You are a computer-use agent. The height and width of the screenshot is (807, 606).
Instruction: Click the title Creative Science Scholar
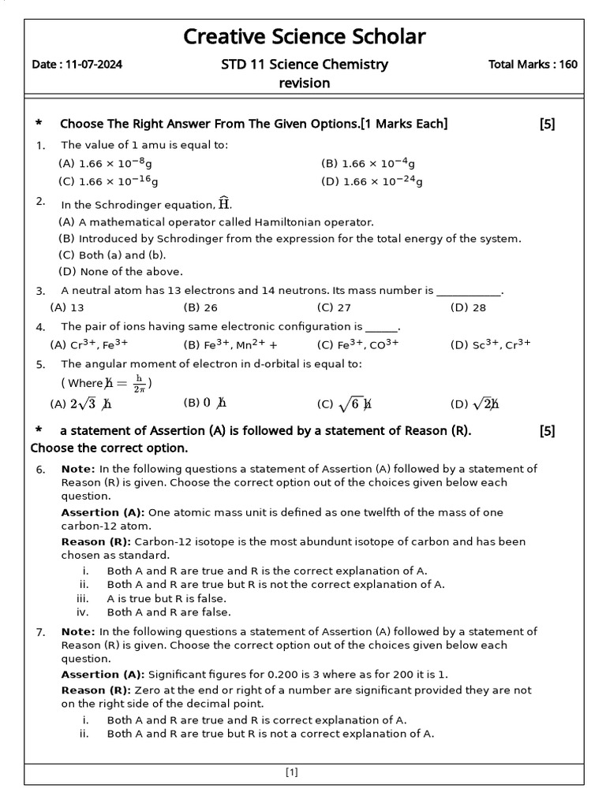304,36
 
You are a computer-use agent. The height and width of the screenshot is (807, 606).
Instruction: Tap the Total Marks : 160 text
533,65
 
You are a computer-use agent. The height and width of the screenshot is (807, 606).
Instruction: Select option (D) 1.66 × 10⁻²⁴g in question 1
372,181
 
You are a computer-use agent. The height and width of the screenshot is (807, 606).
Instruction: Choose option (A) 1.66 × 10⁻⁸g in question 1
106,163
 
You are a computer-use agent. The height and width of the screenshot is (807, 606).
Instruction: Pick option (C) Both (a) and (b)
112,255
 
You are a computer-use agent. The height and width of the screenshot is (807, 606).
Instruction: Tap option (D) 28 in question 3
468,307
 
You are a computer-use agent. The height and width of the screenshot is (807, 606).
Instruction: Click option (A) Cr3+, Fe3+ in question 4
88,344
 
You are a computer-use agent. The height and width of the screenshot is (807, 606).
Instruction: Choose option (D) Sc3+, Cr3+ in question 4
490,344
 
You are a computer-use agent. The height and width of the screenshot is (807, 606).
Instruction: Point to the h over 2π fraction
139,383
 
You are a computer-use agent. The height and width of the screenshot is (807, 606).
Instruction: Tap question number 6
40,470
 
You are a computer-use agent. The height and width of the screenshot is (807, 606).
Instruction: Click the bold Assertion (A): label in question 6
103,512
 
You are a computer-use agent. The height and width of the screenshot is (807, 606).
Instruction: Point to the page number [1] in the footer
292,772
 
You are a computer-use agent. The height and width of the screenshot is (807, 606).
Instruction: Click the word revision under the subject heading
304,83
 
